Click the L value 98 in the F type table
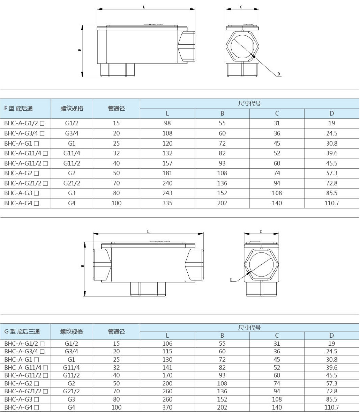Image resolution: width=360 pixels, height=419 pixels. (x=167, y=123)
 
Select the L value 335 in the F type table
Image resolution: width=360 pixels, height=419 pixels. (x=167, y=203)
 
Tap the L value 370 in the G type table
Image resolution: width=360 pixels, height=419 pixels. (x=167, y=407)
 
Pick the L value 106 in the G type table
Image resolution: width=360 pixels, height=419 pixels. (x=167, y=344)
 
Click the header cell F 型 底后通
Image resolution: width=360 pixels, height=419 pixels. (x=18, y=109)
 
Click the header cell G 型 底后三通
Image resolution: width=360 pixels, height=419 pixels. (x=22, y=332)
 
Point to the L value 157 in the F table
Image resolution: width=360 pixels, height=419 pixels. (x=167, y=163)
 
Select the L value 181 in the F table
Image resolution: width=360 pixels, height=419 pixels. (x=167, y=173)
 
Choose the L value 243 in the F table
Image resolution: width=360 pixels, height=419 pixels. (x=167, y=193)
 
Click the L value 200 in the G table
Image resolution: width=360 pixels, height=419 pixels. (x=167, y=383)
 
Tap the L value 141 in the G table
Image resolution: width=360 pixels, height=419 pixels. (x=167, y=368)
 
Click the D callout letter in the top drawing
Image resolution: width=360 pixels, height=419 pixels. (x=279, y=74)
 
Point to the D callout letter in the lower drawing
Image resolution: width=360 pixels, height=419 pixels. (x=231, y=280)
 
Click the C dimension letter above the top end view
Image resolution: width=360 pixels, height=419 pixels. (x=241, y=7)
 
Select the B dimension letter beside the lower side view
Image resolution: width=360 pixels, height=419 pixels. (x=82, y=266)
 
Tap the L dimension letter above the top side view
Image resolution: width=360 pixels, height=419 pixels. (x=144, y=7)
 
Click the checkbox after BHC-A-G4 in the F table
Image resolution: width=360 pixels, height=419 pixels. (x=36, y=203)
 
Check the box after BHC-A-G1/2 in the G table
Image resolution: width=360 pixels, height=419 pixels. (x=42, y=344)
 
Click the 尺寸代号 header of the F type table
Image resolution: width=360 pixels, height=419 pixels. (x=249, y=104)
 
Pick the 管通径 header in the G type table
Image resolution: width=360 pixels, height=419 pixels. (x=116, y=332)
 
